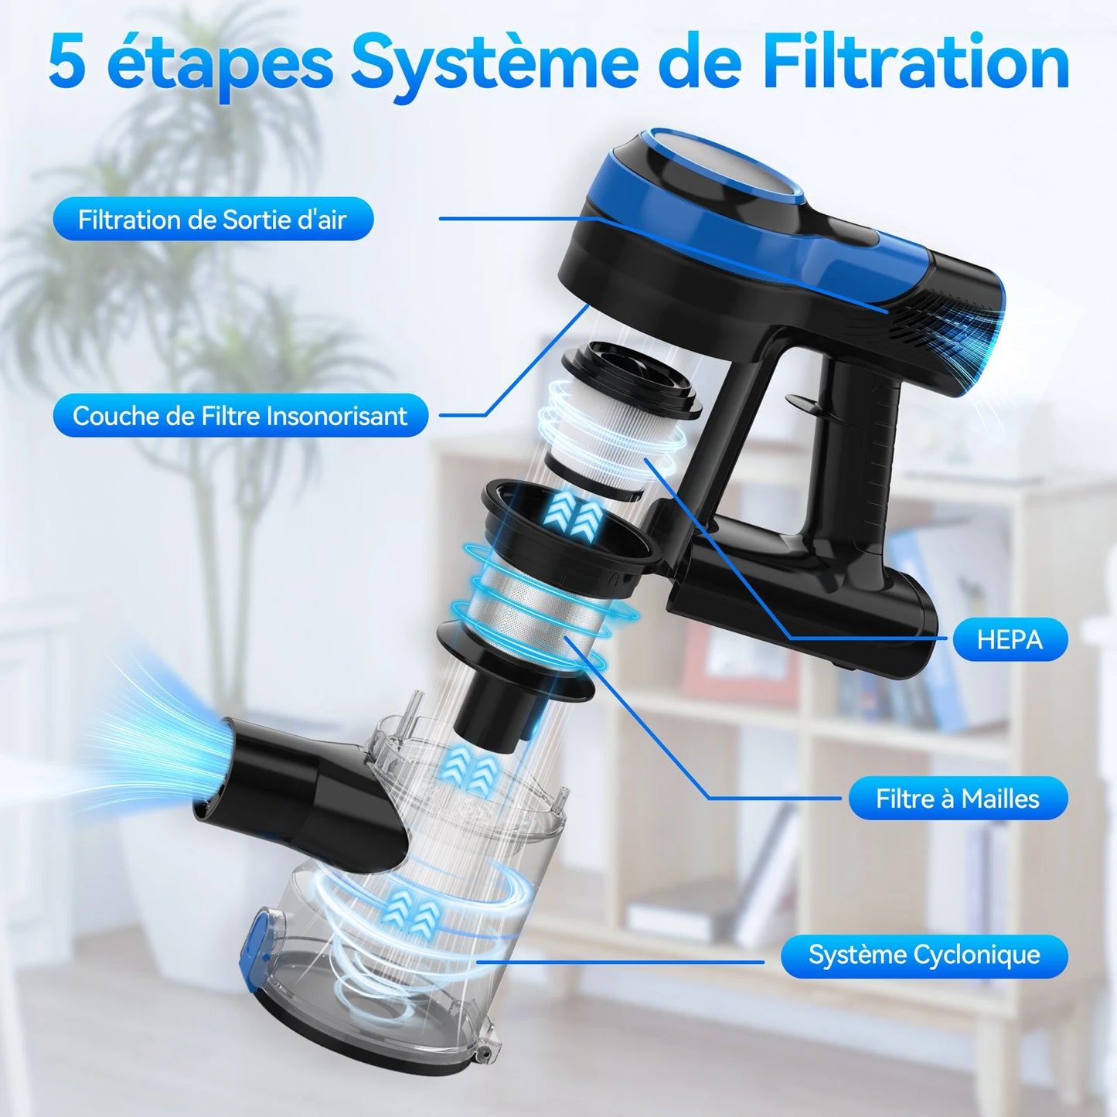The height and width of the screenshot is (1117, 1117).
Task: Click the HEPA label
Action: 1010,639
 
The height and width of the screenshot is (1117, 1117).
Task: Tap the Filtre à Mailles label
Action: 957,798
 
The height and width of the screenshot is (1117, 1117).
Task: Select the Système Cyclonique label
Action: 924,955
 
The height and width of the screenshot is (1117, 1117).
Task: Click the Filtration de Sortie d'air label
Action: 213,220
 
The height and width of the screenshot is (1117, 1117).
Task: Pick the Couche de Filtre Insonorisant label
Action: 240,416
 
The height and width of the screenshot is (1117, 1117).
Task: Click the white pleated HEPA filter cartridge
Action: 611,433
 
